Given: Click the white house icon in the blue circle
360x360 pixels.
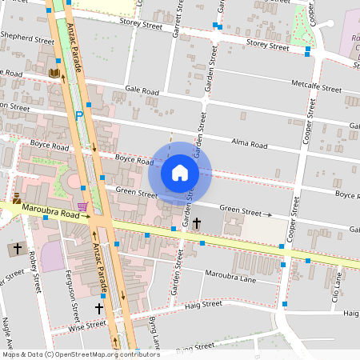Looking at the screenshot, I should point(180,172).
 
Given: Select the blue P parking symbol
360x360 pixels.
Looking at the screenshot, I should point(79,116).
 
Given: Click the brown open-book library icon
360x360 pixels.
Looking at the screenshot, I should point(54,74).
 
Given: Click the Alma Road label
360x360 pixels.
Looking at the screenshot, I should point(248,143).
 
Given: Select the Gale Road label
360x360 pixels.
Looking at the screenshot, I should point(142,91).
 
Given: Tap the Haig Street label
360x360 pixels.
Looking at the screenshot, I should point(202,304).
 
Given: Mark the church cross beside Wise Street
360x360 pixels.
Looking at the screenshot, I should point(99,308).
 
